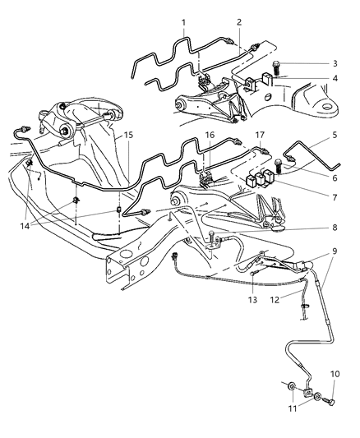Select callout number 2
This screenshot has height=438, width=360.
[239, 23]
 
